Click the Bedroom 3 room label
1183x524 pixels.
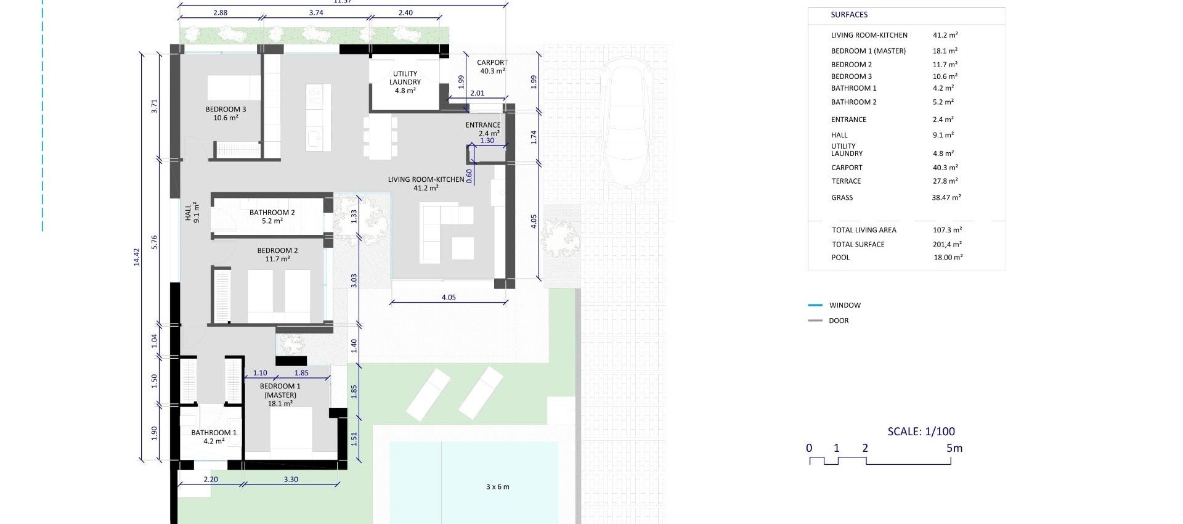tap(226, 113)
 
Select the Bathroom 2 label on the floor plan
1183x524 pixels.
tap(272, 216)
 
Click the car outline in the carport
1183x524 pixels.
tap(626, 123)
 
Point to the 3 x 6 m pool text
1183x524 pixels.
tap(497, 487)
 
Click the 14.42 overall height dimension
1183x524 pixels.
tap(137, 257)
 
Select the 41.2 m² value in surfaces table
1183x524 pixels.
tap(945, 35)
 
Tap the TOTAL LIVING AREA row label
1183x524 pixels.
tap(864, 230)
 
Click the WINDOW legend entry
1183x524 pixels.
tap(844, 305)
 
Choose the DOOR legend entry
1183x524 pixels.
tap(838, 321)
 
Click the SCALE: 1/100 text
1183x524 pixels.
tap(921, 432)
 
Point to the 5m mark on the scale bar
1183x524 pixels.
tap(954, 448)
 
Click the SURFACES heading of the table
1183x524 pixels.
tap(848, 15)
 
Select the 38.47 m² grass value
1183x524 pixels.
tap(946, 198)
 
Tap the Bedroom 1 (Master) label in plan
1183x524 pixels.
tap(280, 395)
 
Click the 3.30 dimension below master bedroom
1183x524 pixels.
tap(291, 479)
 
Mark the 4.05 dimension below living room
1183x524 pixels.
tap(449, 297)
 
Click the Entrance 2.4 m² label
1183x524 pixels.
tap(482, 129)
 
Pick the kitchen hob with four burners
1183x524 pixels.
tap(314, 96)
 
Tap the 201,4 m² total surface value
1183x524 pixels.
tap(947, 245)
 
